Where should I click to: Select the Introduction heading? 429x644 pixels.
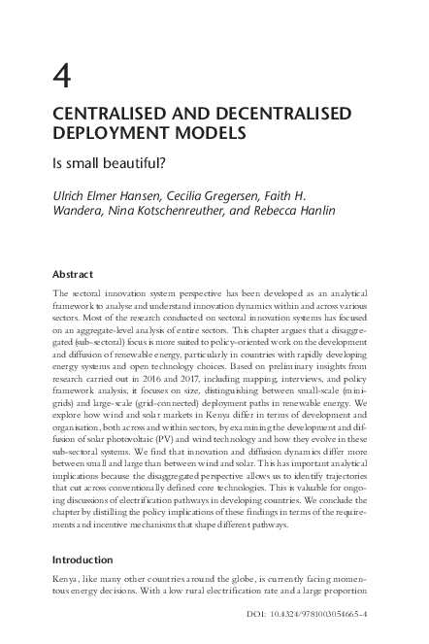[83, 560]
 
